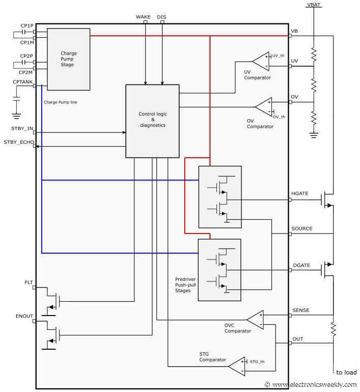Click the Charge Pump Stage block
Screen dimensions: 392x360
tap(68, 59)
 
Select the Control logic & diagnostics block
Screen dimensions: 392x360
tap(152, 121)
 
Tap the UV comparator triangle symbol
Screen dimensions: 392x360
tap(261, 61)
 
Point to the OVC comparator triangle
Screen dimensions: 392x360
tap(255, 320)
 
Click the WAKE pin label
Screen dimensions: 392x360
tap(143, 17)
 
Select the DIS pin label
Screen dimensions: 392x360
tap(161, 17)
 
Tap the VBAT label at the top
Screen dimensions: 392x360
tap(314, 4)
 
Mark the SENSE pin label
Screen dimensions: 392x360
tap(300, 310)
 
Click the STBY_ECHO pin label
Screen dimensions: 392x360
tap(18, 142)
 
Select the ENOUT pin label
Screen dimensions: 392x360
tap(24, 317)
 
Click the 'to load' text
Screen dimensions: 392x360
tap(346, 372)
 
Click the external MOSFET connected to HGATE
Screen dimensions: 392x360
tap(326, 200)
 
